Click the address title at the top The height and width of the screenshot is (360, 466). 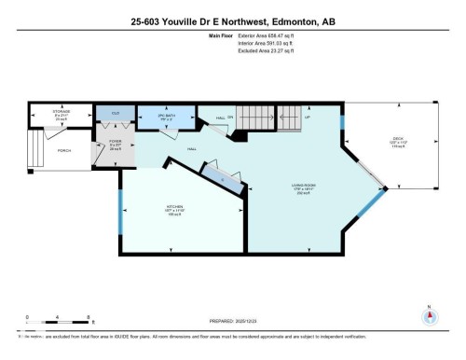pos(233,21)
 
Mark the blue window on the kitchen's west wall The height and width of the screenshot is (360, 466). pos(120,218)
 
